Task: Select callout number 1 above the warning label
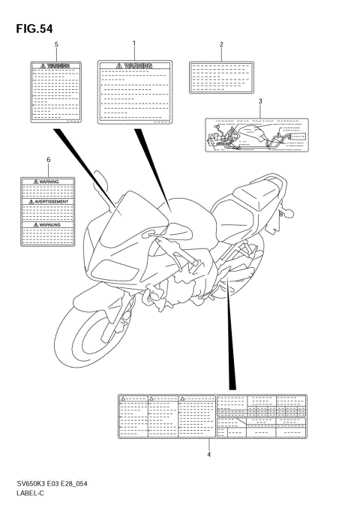[x=134, y=45]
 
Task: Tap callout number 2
[x=221, y=45]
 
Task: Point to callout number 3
[x=260, y=101]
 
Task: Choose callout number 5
[x=56, y=45]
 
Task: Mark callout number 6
[x=49, y=161]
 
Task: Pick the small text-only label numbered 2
[x=221, y=77]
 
